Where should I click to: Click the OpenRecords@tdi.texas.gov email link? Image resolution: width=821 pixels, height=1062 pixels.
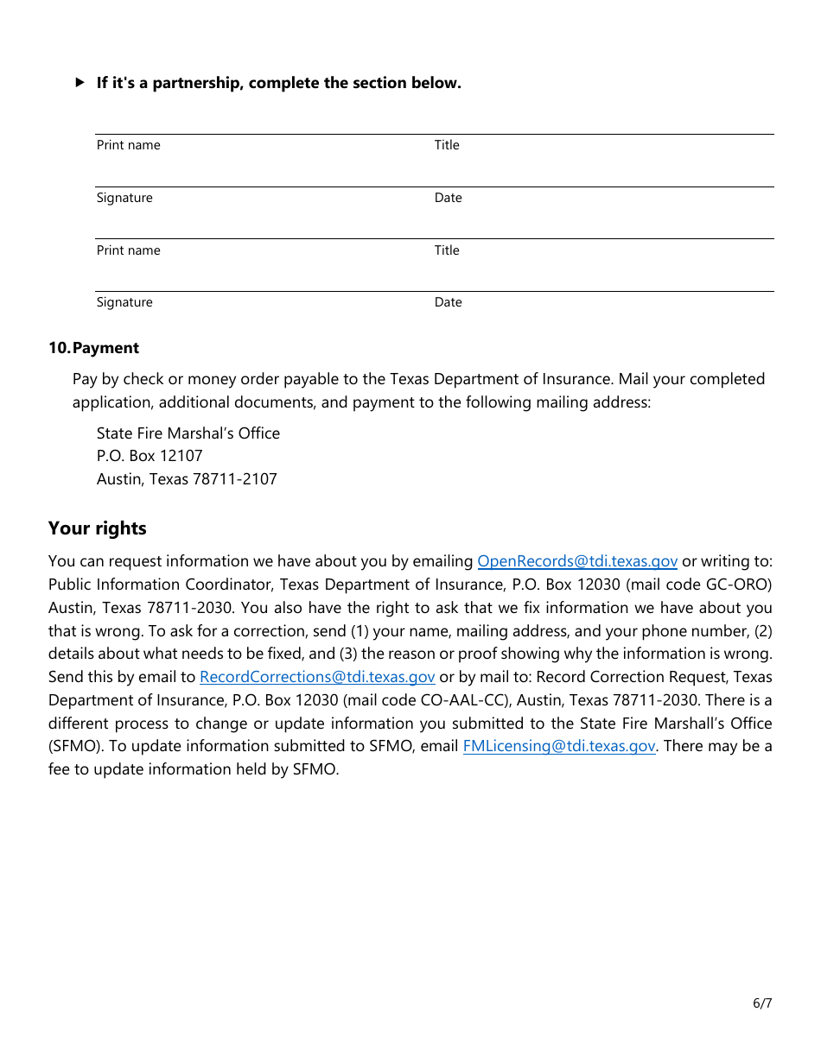(577, 561)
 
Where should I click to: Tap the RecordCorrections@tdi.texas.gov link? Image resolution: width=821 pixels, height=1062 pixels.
(317, 677)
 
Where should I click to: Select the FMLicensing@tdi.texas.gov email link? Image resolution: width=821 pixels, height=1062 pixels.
(559, 746)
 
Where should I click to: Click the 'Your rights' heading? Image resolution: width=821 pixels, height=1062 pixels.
(98, 528)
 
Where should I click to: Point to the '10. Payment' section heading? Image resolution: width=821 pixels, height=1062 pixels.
(93, 348)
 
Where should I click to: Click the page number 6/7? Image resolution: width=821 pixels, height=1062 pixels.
(761, 1002)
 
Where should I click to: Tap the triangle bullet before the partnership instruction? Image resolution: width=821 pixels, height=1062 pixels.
(80, 83)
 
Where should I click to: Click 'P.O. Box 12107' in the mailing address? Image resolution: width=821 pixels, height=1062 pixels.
(150, 456)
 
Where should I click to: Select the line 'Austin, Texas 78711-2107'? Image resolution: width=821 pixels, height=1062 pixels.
(187, 479)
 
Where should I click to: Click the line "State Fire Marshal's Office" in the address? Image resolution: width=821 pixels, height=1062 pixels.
(188, 433)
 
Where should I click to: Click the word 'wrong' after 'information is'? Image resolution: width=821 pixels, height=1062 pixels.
(748, 654)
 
